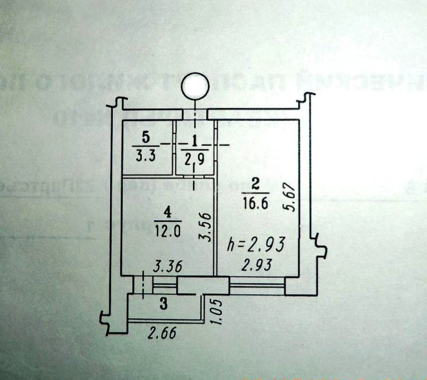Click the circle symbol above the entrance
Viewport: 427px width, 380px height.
(x=196, y=85)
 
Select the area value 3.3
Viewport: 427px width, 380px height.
(x=146, y=155)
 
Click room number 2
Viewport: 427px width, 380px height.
(x=255, y=184)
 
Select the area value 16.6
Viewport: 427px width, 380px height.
(x=256, y=203)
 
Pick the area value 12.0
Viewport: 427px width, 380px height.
(x=167, y=231)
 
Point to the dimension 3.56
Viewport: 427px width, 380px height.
(x=206, y=226)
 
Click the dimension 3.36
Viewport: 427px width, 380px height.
(x=168, y=266)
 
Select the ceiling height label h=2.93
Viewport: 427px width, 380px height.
(x=255, y=245)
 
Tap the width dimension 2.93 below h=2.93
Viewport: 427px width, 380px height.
(x=256, y=265)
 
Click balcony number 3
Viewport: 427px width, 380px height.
(x=163, y=304)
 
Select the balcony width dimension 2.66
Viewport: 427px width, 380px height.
(x=161, y=332)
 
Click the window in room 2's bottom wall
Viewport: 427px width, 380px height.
(x=257, y=286)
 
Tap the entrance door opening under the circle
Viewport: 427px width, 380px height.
(x=195, y=115)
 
